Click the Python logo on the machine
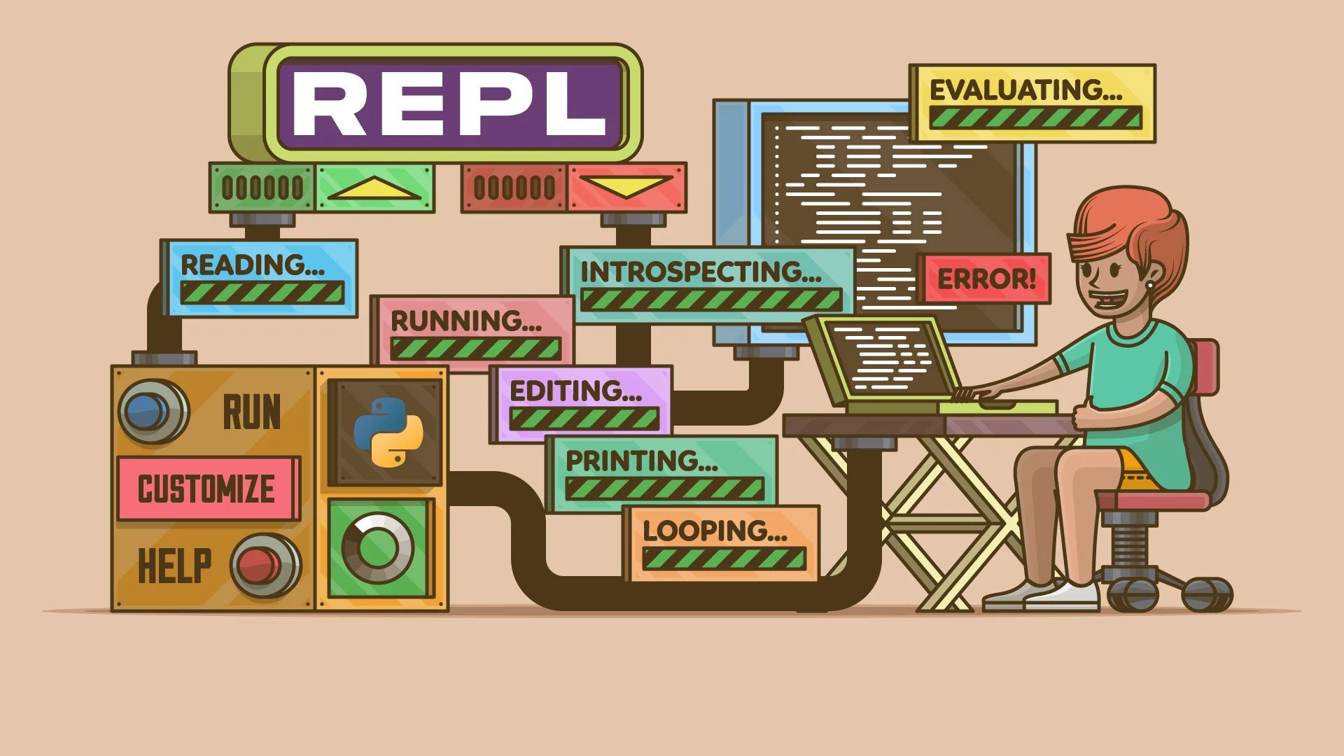point(387,433)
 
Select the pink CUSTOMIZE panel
point(206,489)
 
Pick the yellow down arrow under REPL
point(625,186)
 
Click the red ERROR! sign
point(986,279)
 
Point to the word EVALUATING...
point(1025,90)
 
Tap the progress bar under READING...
point(262,293)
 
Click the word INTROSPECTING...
point(701,272)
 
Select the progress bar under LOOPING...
point(723,559)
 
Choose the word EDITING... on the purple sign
point(575,391)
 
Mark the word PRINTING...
point(641,461)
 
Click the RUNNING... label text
point(465,321)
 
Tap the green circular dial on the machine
point(377,548)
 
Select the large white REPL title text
point(449,103)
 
